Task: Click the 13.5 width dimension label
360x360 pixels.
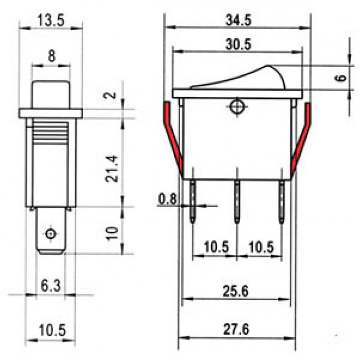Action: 50,20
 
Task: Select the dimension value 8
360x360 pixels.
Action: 51,56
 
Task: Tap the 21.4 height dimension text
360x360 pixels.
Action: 112,169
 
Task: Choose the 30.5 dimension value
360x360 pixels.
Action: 238,44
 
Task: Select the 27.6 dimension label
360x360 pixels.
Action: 236,328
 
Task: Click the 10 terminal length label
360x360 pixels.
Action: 112,232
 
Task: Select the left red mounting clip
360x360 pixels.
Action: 174,136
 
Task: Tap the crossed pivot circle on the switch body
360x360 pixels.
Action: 238,106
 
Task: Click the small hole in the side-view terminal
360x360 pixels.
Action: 51,233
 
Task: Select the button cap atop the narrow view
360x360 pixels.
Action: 51,94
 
